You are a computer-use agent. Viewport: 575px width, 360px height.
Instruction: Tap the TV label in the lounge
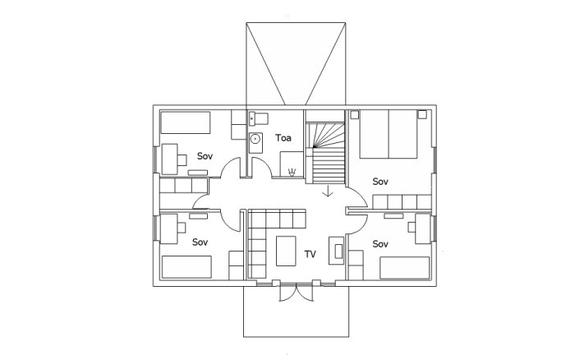point(310,254)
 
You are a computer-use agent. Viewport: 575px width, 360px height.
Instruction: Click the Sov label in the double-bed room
point(380,181)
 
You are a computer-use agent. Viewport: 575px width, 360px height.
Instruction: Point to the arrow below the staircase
point(328,192)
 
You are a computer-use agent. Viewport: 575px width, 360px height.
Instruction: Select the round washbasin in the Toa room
point(255,140)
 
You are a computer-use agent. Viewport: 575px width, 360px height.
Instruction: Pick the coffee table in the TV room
point(287,251)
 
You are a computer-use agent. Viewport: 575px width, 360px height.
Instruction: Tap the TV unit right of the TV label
point(336,250)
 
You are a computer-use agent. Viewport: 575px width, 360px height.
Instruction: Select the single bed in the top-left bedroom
point(185,122)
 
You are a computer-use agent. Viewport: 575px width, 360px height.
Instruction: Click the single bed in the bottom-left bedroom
point(186,267)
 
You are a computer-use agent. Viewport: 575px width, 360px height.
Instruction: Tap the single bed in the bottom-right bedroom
point(405,268)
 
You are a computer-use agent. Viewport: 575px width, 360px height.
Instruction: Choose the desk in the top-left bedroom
point(170,158)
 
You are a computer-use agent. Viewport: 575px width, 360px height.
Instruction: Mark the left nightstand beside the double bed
point(355,115)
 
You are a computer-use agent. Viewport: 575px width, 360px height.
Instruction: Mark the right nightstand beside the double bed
point(422,115)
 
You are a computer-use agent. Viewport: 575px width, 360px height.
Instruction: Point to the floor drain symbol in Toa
point(292,171)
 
